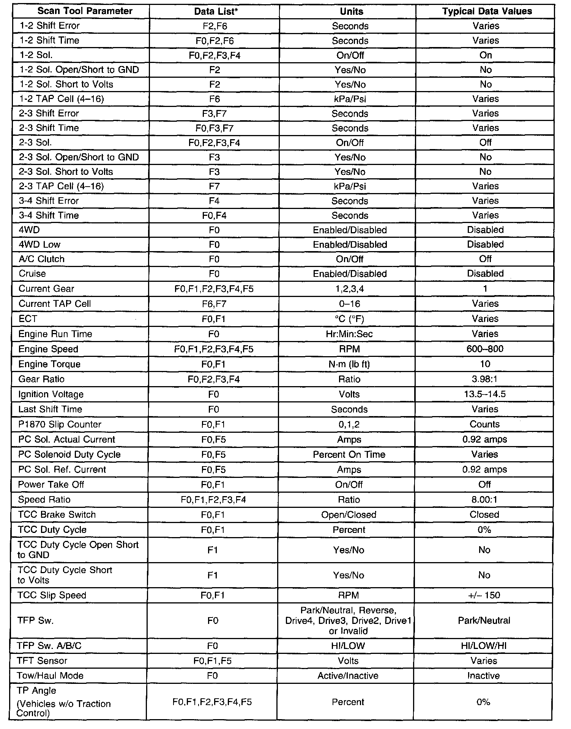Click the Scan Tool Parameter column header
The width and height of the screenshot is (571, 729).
tap(85, 11)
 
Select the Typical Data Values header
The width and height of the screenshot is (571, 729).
tap(487, 11)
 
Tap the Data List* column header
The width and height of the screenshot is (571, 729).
tap(216, 11)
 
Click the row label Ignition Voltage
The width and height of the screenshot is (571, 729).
tap(51, 394)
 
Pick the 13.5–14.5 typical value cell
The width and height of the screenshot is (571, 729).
tap(485, 394)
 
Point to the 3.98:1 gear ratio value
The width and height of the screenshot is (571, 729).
tap(485, 379)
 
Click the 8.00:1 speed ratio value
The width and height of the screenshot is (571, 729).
tap(484, 500)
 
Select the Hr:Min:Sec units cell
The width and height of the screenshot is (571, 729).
tap(349, 334)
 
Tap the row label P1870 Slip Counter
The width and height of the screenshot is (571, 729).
tap(60, 424)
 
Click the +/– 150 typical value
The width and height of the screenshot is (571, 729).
tap(484, 595)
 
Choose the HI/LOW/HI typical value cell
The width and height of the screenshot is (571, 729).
tap(484, 646)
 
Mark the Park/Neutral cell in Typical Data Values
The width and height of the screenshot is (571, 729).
tap(484, 621)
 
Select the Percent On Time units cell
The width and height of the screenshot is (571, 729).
tap(349, 455)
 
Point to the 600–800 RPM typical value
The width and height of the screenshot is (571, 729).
tap(485, 349)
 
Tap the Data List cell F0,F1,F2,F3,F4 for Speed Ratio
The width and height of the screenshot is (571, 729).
tap(213, 500)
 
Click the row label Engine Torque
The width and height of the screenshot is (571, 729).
tap(49, 364)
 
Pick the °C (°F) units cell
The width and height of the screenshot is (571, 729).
tap(349, 319)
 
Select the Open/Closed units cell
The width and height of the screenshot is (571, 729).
tap(349, 515)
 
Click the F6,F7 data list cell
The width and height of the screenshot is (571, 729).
tap(214, 304)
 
